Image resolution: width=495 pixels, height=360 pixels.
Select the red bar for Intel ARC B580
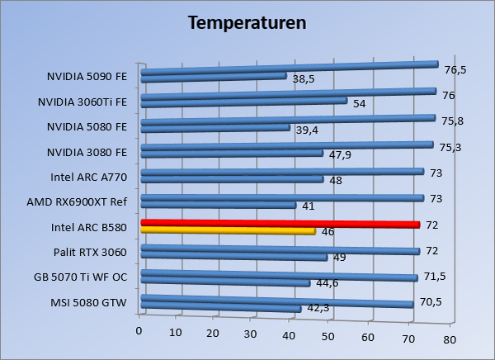(x=280, y=224)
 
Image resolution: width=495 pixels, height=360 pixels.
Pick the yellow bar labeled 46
(x=229, y=231)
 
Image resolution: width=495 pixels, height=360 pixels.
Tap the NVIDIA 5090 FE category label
(x=87, y=77)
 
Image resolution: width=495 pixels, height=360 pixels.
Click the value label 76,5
(x=455, y=69)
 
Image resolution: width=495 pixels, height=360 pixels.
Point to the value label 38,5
(x=304, y=80)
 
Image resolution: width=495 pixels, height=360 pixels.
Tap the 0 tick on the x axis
(x=139, y=331)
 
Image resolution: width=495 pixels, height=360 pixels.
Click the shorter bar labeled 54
(x=243, y=102)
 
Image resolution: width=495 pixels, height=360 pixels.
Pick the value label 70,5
(x=431, y=301)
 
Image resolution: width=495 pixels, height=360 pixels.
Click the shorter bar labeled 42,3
(x=220, y=309)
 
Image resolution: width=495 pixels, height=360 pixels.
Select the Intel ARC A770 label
(x=89, y=177)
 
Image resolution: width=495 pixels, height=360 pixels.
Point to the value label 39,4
(x=308, y=130)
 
